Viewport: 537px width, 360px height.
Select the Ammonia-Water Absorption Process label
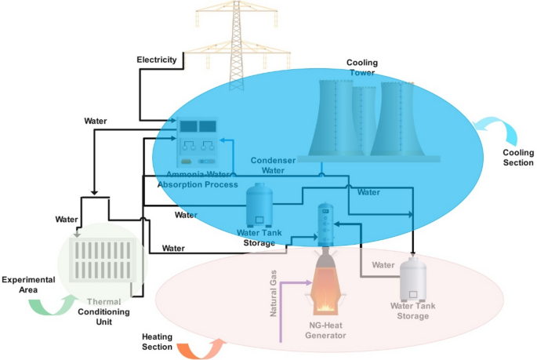pos(198,179)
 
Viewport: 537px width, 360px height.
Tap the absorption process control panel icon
pos(197,141)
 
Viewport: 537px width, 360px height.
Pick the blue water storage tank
pos(259,205)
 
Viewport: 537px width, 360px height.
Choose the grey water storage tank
pos(412,279)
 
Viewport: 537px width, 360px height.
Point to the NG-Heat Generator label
pos(325,329)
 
